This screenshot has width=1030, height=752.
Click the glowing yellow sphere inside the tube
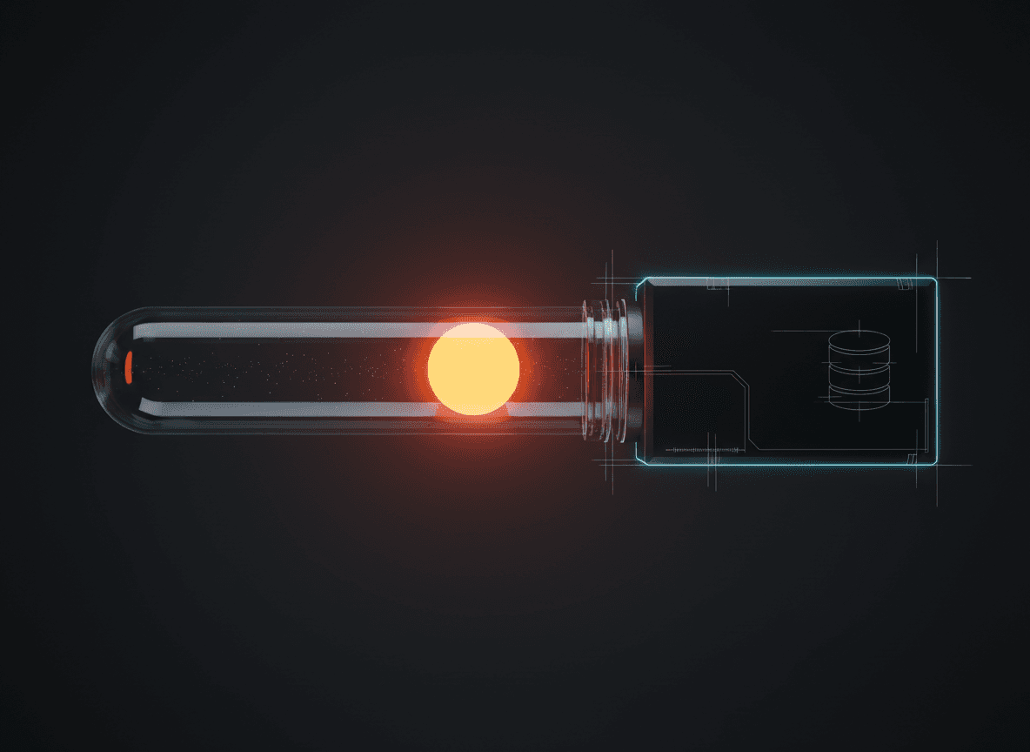pyautogui.click(x=473, y=369)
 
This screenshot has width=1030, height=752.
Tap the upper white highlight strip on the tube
pyautogui.click(x=287, y=330)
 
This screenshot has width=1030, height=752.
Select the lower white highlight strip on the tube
pyautogui.click(x=287, y=409)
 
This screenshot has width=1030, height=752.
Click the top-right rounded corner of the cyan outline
pyautogui.click(x=933, y=281)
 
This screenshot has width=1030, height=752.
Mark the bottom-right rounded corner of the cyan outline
pyautogui.click(x=933, y=460)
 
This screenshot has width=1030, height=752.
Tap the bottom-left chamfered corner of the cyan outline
pyautogui.click(x=641, y=459)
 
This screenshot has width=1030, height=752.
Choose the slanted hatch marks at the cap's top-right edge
pyautogui.click(x=906, y=283)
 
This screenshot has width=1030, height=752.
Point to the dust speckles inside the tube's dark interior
pyautogui.click(x=261, y=370)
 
